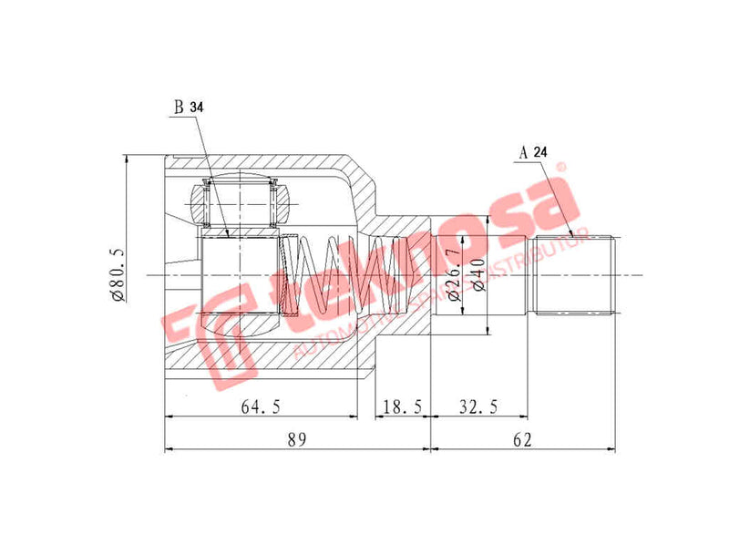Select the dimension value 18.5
[401, 406]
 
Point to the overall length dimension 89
[295, 439]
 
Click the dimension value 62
[521, 439]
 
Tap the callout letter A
[525, 152]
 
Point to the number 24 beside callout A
[540, 152]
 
